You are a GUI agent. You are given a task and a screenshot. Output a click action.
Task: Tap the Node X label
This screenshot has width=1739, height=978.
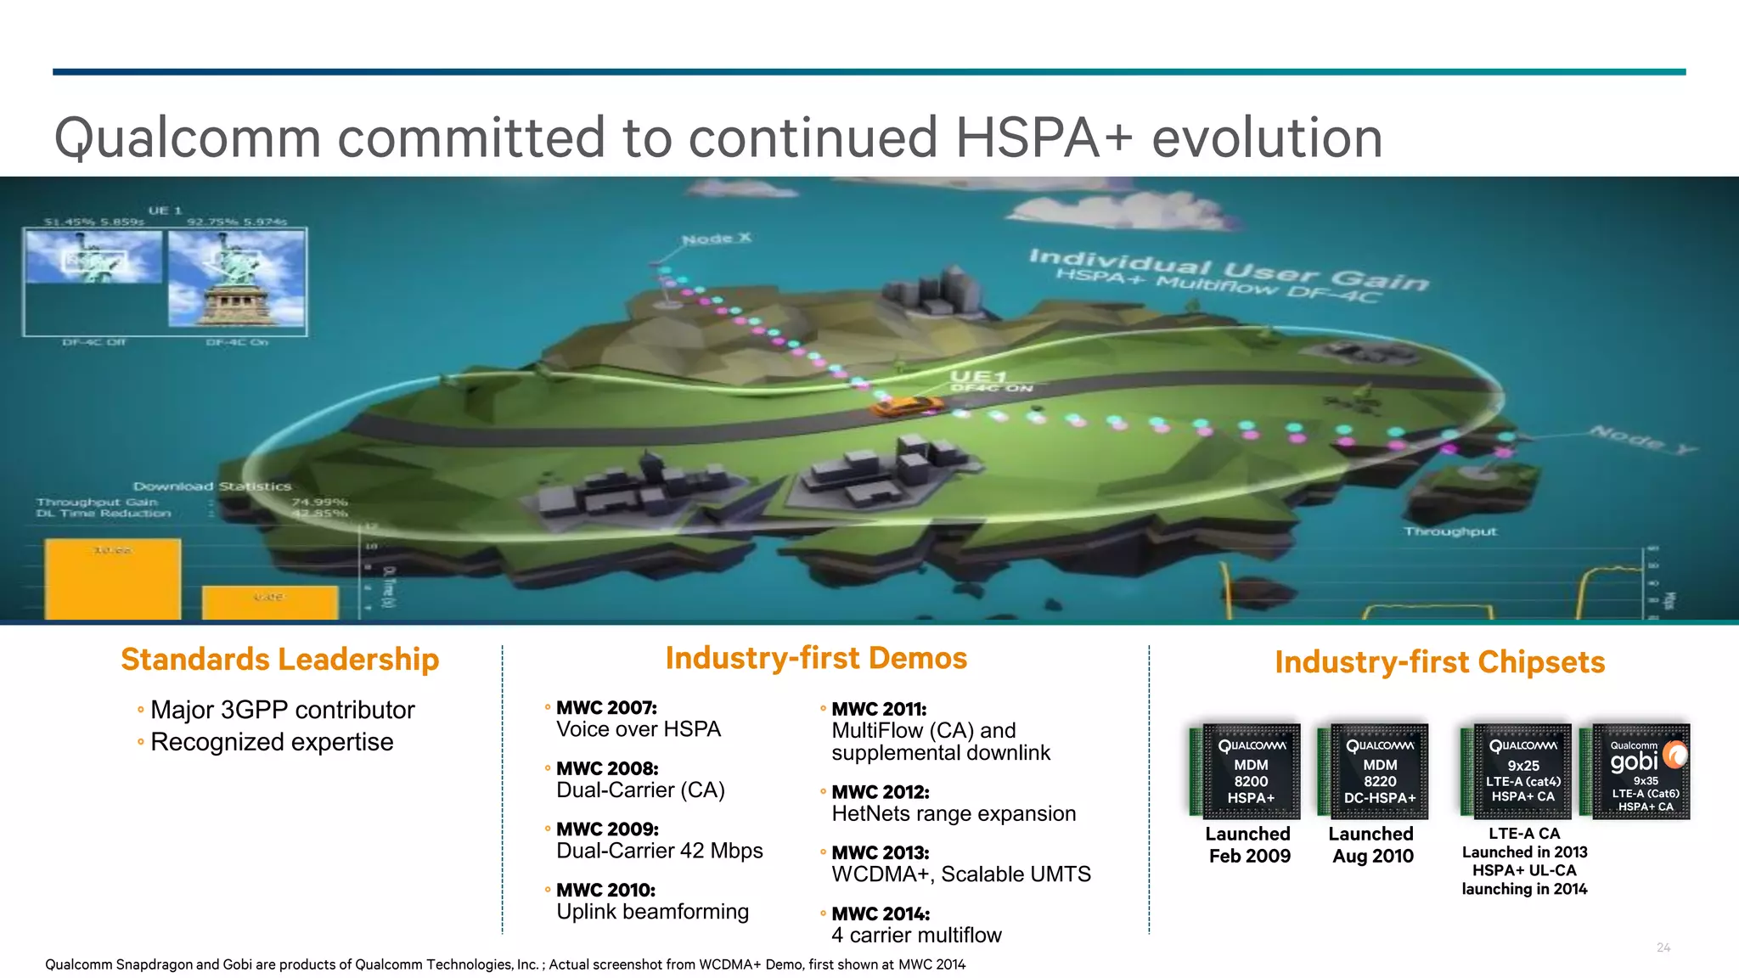717,239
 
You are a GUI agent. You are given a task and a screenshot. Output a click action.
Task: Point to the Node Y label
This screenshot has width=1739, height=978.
1642,439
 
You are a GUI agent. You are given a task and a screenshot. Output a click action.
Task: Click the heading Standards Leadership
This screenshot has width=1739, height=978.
279,660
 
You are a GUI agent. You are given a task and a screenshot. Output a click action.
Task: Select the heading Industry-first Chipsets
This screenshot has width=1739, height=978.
1439,662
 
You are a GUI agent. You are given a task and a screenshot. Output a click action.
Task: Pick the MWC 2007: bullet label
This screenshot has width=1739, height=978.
606,708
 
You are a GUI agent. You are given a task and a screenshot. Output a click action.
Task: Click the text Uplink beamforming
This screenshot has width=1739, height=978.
652,912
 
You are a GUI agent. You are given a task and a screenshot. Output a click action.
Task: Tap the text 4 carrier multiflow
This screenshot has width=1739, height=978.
916,936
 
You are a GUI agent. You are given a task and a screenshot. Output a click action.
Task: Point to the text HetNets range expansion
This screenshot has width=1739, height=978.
953,814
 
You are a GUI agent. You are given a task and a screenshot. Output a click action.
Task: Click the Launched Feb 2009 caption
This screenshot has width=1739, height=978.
1248,845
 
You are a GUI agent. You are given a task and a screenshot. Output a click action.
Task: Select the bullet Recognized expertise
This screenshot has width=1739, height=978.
272,742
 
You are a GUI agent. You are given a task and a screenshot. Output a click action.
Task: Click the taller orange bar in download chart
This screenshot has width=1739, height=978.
113,579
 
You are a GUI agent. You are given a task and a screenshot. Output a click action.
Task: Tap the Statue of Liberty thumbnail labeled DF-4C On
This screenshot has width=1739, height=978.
237,279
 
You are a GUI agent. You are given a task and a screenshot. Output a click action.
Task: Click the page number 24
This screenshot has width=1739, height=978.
1663,947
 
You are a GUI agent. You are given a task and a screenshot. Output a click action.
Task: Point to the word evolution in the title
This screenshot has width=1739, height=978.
1266,138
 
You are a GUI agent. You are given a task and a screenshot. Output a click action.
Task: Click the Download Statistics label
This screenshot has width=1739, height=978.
211,486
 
